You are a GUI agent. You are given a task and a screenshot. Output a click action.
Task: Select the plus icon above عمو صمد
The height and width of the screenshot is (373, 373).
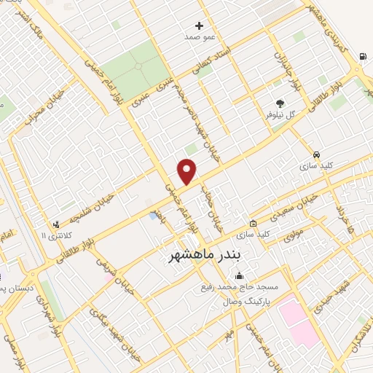[199, 25]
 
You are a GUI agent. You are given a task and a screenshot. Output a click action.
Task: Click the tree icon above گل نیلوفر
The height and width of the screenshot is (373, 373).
[280, 103]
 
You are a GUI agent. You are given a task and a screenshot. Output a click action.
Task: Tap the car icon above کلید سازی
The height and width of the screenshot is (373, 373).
[316, 154]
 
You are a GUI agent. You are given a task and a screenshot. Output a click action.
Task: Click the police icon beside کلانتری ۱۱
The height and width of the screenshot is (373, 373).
[56, 225]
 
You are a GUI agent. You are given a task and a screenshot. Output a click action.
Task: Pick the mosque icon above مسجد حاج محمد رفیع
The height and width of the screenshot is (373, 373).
[239, 275]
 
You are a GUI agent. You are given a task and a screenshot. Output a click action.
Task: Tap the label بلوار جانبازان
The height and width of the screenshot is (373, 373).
[286, 70]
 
